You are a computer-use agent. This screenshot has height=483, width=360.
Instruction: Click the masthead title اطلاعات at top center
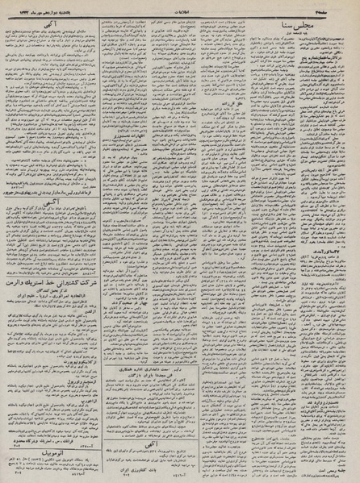tap(179, 7)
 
